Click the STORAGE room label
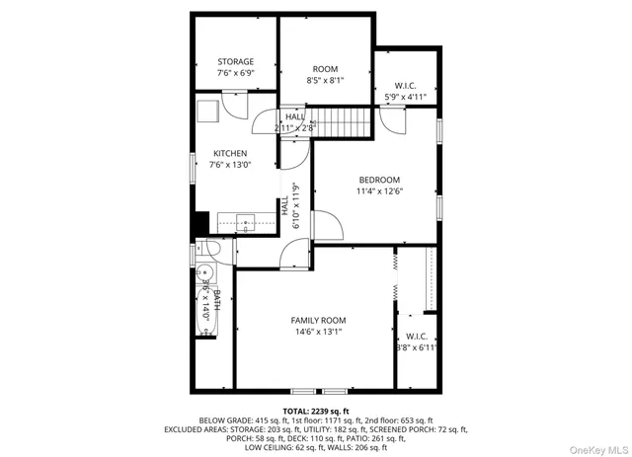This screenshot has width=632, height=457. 235,61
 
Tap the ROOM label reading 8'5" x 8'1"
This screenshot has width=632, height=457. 325,69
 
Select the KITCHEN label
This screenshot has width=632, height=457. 229,153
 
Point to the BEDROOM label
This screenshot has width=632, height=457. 379,179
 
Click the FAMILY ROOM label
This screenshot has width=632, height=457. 318,320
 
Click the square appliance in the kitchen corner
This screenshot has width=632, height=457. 207,110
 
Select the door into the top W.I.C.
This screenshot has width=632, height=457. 392,120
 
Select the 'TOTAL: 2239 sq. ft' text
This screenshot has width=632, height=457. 316,409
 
